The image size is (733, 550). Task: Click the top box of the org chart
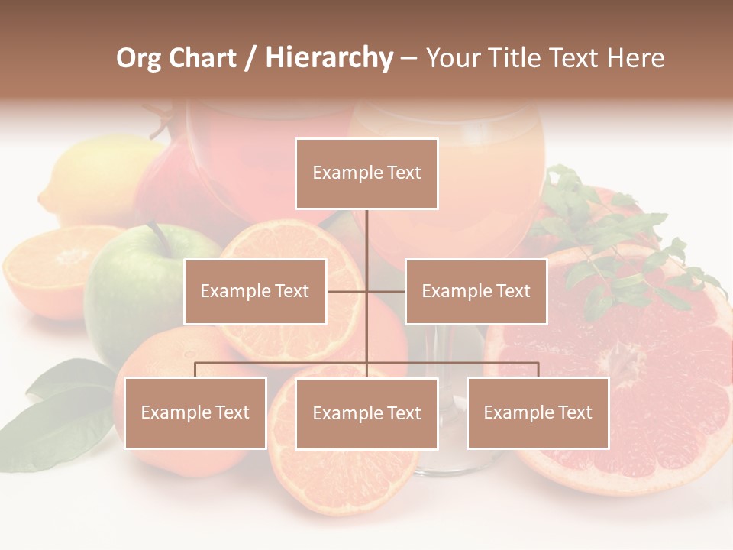(x=366, y=173)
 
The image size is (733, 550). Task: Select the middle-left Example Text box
(x=255, y=291)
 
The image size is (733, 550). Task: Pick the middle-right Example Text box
(x=476, y=291)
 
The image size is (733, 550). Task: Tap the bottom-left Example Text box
(x=195, y=412)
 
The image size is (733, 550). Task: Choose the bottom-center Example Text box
(x=366, y=413)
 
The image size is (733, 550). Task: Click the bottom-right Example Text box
(x=538, y=412)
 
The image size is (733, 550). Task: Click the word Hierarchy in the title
(x=329, y=58)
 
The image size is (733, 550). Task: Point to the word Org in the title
(x=139, y=58)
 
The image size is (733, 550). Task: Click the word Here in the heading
(x=635, y=58)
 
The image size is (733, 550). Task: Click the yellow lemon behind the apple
(x=92, y=176)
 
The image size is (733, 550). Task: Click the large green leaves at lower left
(x=61, y=412)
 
